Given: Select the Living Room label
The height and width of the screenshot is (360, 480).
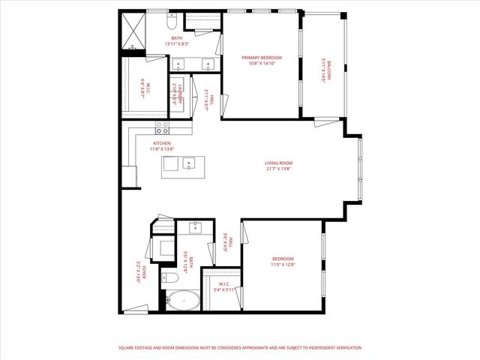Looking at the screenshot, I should (x=277, y=163).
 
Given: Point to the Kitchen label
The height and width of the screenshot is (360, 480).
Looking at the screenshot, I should (x=162, y=143).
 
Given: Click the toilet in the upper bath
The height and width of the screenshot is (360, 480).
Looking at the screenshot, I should (x=172, y=19).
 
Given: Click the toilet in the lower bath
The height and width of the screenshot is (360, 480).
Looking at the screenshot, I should (x=170, y=278).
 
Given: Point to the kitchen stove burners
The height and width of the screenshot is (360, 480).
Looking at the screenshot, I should (x=162, y=128).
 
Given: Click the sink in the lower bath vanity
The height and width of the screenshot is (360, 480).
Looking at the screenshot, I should (x=195, y=227).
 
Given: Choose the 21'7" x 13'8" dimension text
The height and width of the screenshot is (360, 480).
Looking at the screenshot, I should (x=277, y=169).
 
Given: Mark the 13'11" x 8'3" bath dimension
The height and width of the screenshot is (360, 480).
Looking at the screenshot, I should (x=176, y=44).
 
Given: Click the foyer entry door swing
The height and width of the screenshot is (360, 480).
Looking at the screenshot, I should (x=136, y=307).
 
